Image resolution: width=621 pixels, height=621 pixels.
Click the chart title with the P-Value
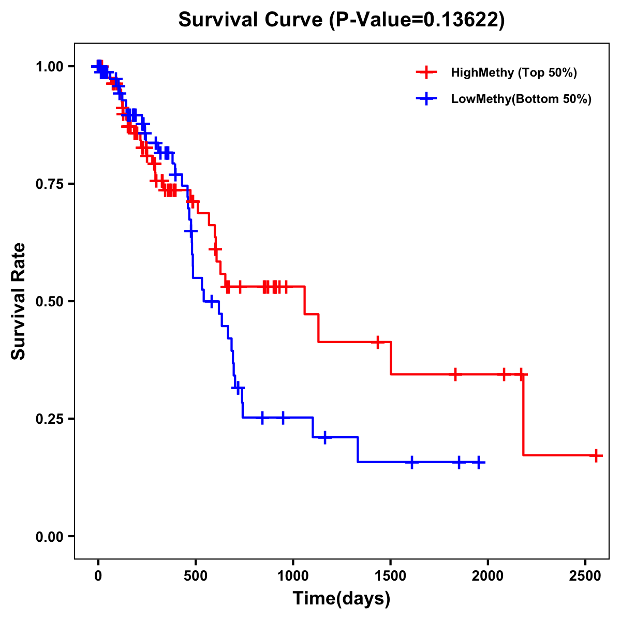tap(341, 20)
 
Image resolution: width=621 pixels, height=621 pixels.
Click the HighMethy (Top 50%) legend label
tap(513, 72)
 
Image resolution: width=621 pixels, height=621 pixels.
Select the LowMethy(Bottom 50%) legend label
tap(521, 99)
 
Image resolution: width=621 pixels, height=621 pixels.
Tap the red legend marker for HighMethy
tap(426, 72)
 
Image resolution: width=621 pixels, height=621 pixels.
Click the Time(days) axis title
tap(342, 599)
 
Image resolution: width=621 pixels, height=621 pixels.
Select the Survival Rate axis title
tap(19, 301)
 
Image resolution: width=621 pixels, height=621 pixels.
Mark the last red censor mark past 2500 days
tap(596, 455)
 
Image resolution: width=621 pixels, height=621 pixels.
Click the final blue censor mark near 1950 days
tap(479, 462)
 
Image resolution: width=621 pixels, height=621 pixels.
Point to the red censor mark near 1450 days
tap(378, 342)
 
